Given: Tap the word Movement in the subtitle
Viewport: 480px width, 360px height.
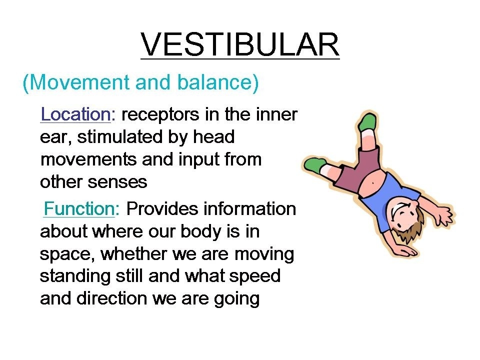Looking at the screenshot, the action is (80, 82).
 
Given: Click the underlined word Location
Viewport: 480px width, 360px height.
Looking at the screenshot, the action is (75, 114).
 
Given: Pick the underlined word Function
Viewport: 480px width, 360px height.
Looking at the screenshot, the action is (79, 209).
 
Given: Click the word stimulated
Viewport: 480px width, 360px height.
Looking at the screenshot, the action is (119, 137).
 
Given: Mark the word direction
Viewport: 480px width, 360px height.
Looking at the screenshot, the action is (111, 298).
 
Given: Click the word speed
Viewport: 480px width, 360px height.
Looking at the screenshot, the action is (254, 277).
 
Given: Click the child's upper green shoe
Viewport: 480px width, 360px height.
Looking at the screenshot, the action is (367, 121).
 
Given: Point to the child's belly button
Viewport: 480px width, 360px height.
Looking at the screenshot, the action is (373, 183).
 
